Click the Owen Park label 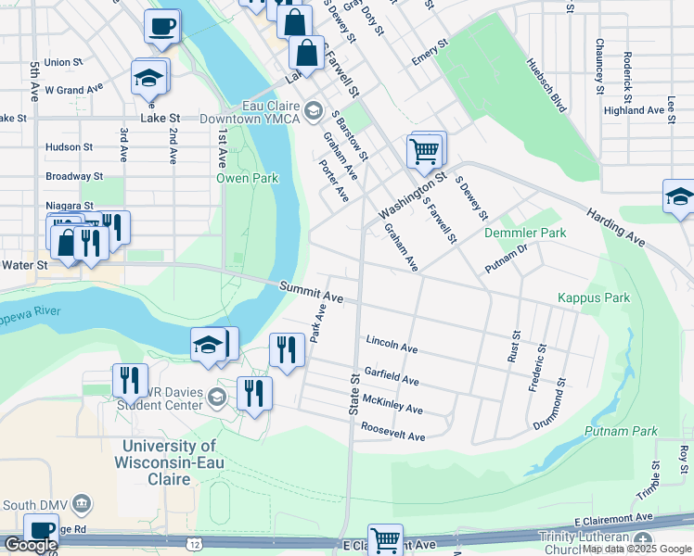[247, 178]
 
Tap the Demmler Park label [525, 234]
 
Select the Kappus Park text [594, 297]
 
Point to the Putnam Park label [621, 431]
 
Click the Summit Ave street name [312, 292]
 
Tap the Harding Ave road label [615, 227]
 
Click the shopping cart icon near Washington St [425, 149]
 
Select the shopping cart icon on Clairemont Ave [385, 539]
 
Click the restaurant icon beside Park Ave [287, 349]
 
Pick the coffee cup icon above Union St [162, 27]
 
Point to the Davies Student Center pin [217, 398]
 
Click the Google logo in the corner [31, 545]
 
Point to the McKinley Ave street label [392, 405]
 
